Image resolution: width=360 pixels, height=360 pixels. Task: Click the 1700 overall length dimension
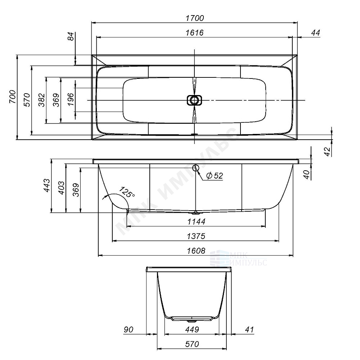click(195, 18)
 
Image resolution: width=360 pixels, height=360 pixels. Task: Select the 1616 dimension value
click(194, 33)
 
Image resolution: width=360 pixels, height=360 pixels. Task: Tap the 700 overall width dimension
click(13, 96)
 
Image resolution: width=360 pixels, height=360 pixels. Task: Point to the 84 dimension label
click(71, 36)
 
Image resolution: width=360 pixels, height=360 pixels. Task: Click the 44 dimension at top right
click(315, 33)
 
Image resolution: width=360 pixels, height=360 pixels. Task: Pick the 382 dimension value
click(42, 100)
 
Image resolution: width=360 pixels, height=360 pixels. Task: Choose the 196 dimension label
click(71, 99)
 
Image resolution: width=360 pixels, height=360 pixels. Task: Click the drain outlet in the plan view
click(194, 100)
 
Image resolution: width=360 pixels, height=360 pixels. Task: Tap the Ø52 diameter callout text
click(215, 176)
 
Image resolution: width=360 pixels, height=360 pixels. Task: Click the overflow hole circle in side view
click(195, 168)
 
